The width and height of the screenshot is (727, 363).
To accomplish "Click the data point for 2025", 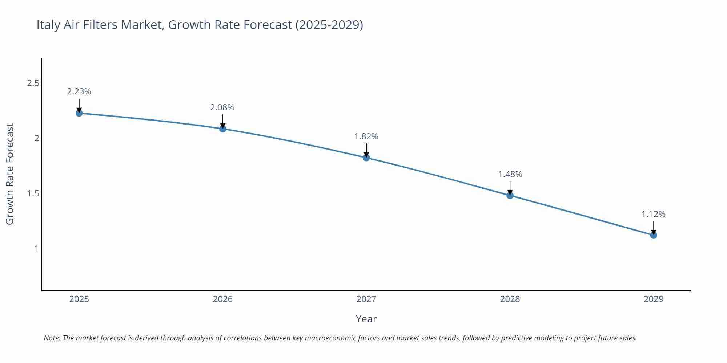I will coord(79,113).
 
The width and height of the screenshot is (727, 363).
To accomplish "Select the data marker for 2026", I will coord(223,129).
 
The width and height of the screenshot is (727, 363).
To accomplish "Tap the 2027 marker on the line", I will coord(366,158).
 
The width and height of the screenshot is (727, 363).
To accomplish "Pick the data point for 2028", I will coord(510,195).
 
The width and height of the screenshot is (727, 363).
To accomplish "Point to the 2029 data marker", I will coord(654,235).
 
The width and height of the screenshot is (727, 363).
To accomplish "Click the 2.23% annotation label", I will coord(79,91).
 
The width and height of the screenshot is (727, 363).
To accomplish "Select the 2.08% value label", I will coord(222,107).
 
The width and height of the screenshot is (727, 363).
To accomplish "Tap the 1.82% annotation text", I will coord(366,136).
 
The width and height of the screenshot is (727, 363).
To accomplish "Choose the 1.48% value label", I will coord(510,174).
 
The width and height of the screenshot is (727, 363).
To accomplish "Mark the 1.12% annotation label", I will coord(653,214).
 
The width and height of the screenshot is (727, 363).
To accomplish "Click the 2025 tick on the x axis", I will coord(79,299).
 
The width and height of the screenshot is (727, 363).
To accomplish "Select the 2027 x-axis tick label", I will coord(366,299).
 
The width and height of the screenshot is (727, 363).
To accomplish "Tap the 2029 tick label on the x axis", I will coord(653,299).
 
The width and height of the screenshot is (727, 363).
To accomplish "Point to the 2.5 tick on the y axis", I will coord(33,83).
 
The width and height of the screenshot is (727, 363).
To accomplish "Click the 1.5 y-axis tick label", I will coord(33,193).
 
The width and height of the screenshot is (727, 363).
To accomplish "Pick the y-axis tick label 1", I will coord(36,249).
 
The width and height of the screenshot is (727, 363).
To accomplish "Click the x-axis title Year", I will coord(366,319).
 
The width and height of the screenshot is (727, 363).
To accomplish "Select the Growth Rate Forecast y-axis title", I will coord(10,174).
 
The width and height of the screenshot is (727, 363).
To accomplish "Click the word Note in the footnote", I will coord(52,338).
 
